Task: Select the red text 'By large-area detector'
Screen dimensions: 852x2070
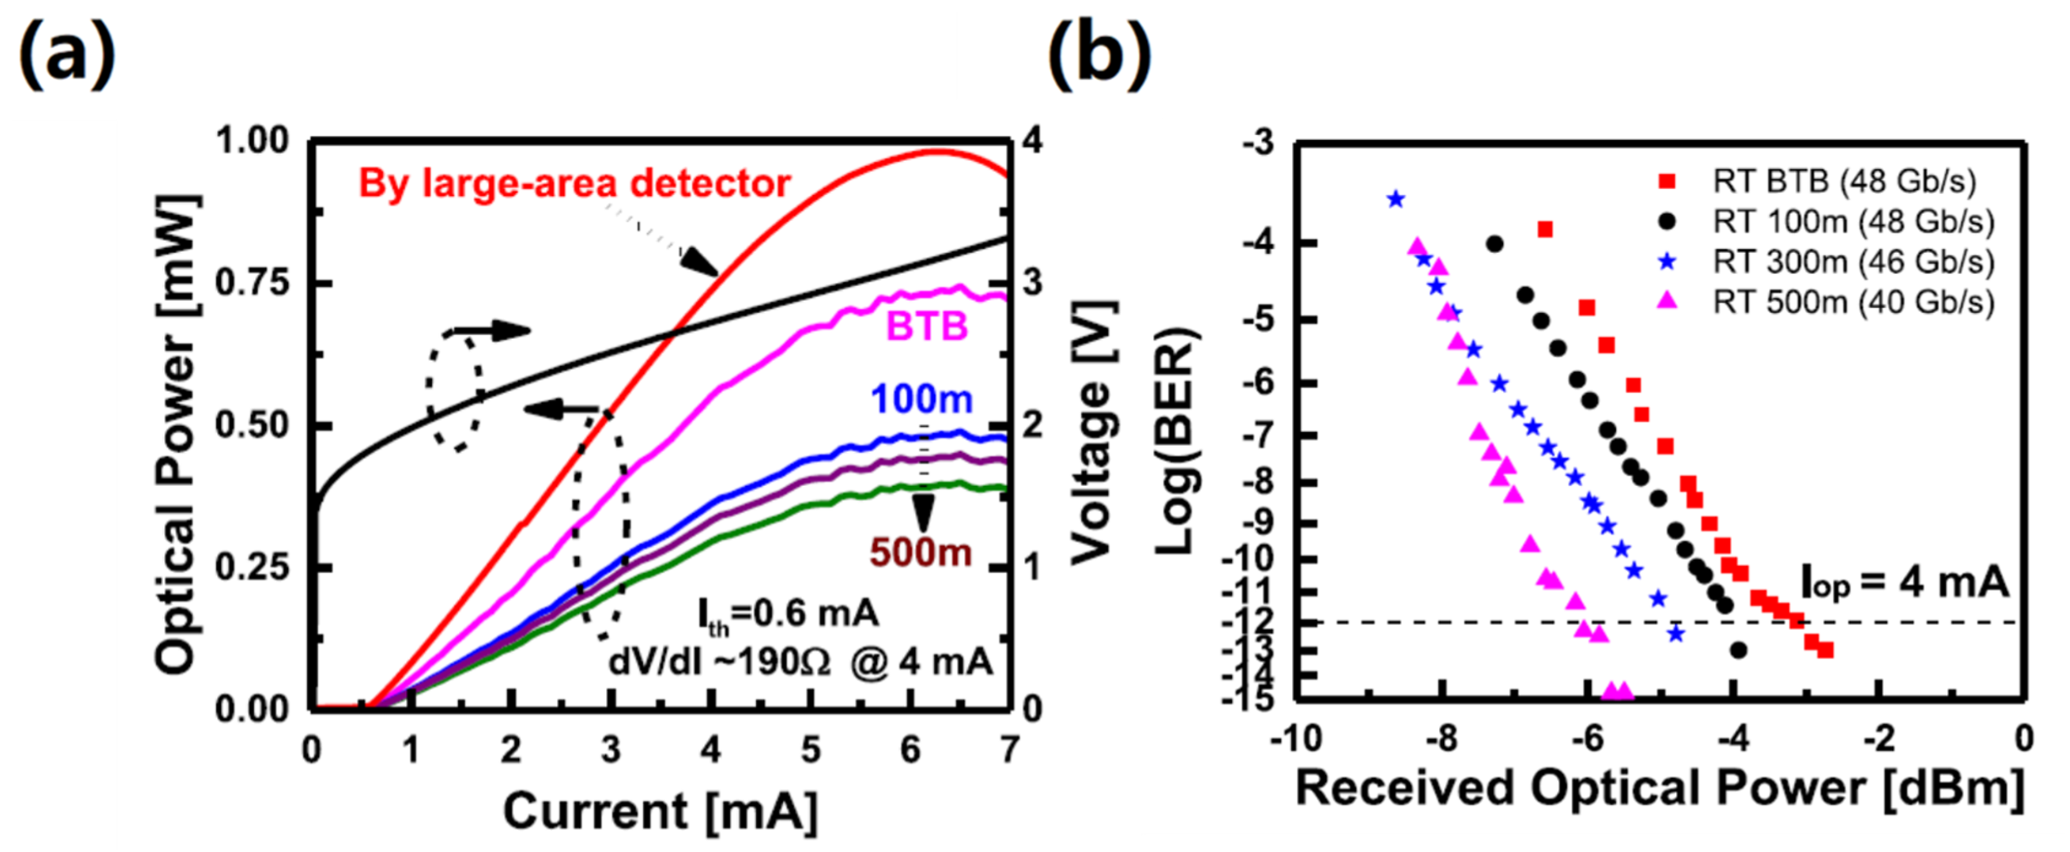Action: click(x=573, y=184)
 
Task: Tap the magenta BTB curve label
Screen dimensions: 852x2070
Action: click(x=926, y=327)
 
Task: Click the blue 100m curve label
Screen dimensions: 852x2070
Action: click(x=921, y=399)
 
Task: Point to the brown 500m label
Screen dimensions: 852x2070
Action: click(x=920, y=552)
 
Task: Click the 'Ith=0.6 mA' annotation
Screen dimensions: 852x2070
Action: click(x=788, y=615)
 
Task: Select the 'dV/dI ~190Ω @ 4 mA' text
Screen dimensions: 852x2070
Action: click(x=799, y=663)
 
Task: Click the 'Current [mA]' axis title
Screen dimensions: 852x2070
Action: click(x=660, y=811)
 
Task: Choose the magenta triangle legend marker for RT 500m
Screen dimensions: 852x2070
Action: click(x=1668, y=300)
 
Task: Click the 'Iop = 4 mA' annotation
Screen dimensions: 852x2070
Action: click(x=1903, y=582)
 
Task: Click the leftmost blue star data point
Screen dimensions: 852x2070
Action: click(x=1396, y=199)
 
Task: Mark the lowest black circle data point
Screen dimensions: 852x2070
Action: click(x=1738, y=650)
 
